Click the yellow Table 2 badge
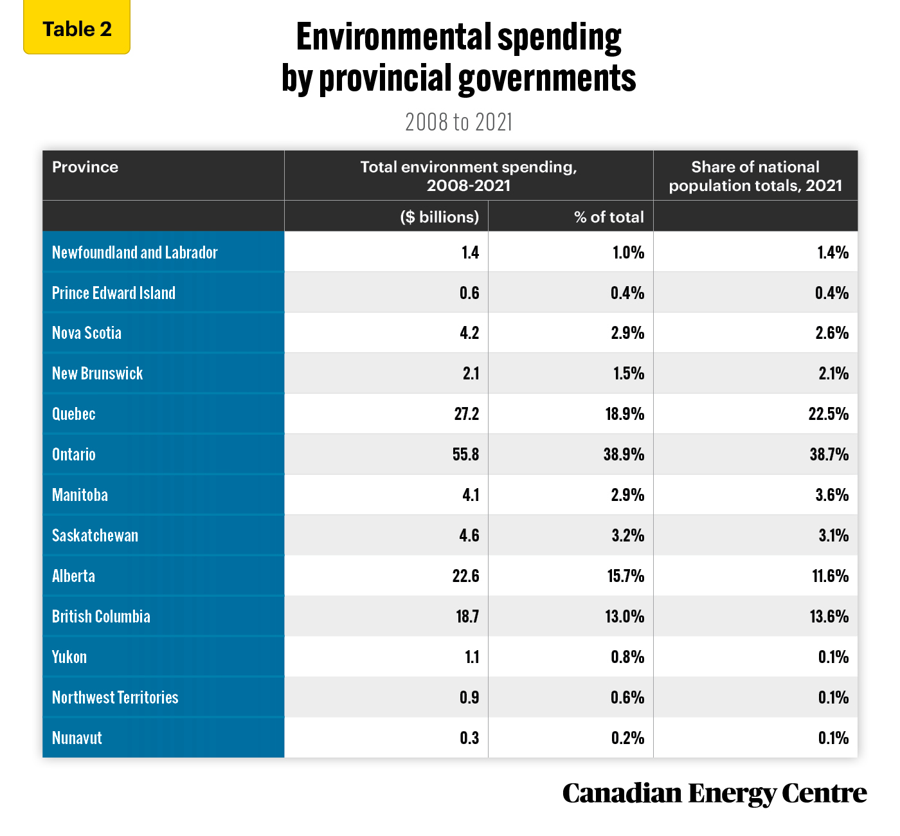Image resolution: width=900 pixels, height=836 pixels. pos(76,27)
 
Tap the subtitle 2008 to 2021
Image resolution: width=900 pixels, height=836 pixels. pos(458,122)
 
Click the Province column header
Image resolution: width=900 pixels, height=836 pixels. pos(85,167)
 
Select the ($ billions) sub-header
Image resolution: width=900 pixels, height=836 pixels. pos(440,217)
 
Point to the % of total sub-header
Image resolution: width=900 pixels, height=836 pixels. pos(609,217)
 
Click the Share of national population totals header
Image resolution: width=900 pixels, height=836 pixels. pos(755,176)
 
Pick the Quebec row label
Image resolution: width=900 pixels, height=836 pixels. pos(74,414)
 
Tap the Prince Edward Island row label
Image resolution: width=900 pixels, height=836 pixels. pos(114,293)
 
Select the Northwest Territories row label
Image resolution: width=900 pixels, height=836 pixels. pos(115,697)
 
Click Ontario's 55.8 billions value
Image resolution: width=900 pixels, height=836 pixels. pos(465,454)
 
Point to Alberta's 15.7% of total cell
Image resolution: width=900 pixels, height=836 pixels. pos(625,576)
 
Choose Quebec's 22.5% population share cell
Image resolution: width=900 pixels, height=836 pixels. pos(829,414)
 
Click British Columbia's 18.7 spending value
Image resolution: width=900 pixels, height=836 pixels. pos(467,617)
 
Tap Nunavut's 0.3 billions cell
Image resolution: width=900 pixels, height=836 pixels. pos(469,738)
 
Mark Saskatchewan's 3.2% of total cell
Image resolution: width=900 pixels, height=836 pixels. pos(627,536)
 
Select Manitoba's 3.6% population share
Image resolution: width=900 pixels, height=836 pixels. pos(832,495)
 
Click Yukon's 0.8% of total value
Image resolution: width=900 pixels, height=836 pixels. pos(627,657)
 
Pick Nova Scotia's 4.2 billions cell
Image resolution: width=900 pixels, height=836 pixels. pos(469,333)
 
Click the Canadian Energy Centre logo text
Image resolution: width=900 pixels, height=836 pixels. pos(715,794)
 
